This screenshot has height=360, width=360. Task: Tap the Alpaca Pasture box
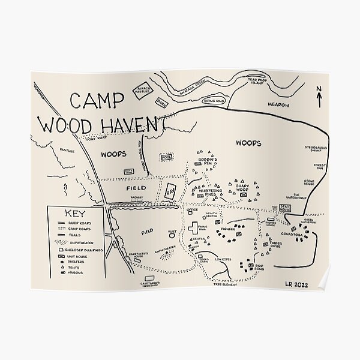pos(144,91)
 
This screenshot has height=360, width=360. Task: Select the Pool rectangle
pos(166,157)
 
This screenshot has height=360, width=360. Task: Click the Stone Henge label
pos(309,182)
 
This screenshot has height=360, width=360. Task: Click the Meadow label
pos(278,104)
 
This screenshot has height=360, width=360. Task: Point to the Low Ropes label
pos(223,259)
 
